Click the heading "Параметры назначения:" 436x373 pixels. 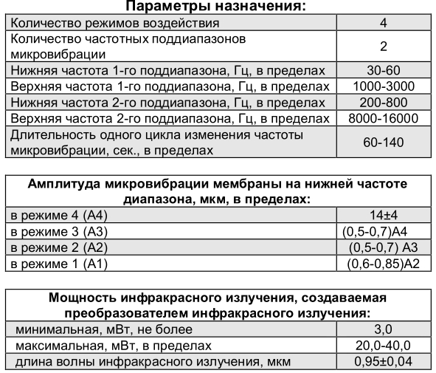(x=218, y=7)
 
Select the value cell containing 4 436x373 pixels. (x=384, y=23)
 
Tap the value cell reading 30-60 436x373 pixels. (x=384, y=72)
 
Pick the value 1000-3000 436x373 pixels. (x=384, y=87)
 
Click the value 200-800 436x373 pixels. (x=384, y=103)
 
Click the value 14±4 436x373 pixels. (x=384, y=216)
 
